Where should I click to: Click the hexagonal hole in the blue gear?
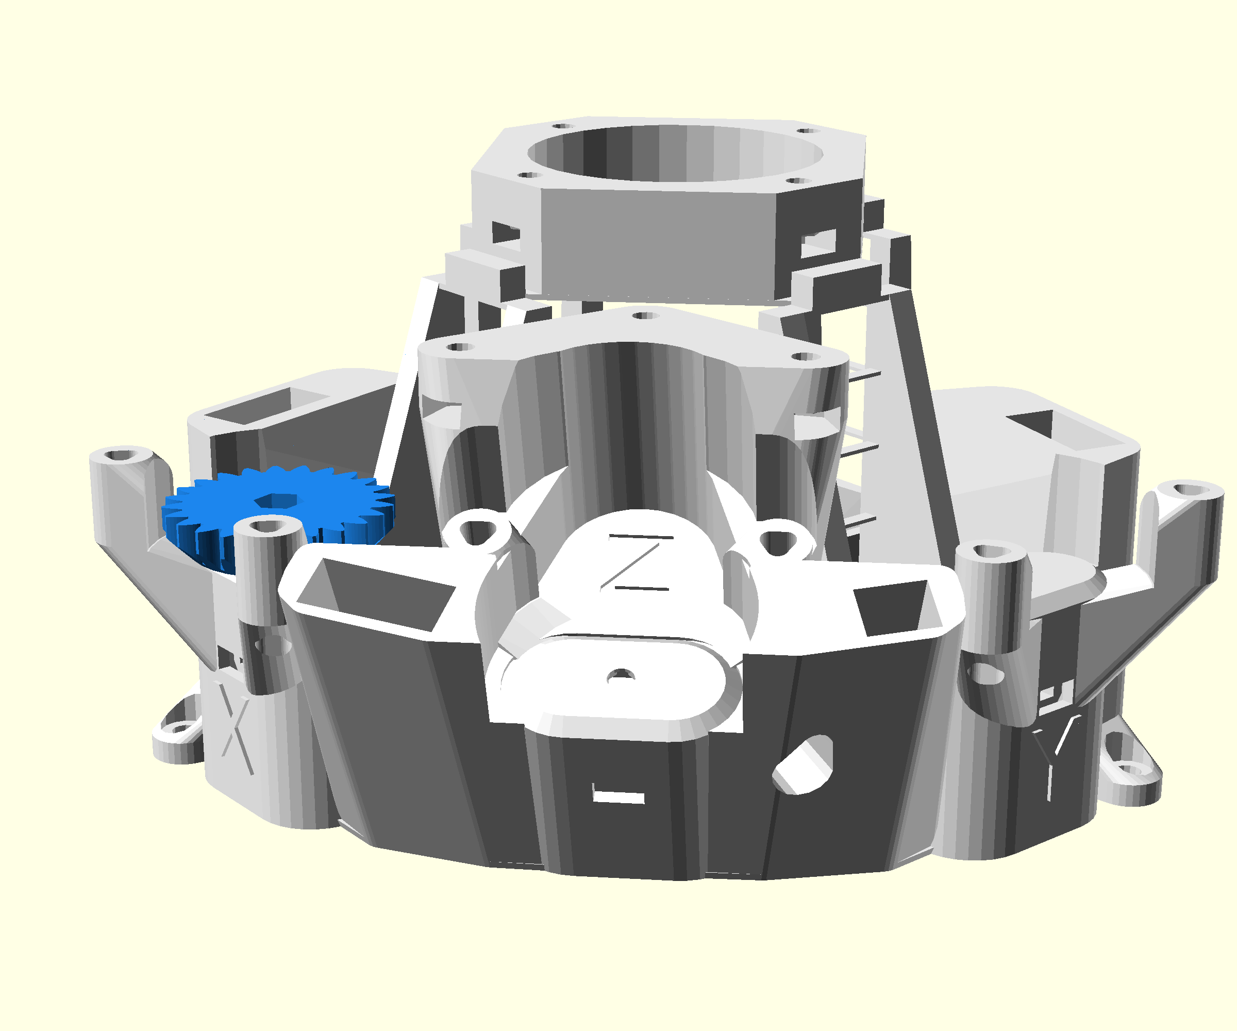point(276,501)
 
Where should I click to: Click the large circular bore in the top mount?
point(675,153)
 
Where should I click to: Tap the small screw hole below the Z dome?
point(620,675)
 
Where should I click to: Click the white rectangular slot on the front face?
point(618,796)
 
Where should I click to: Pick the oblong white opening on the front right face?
point(804,764)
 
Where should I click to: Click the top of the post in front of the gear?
point(269,525)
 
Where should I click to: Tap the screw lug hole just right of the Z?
point(779,541)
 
